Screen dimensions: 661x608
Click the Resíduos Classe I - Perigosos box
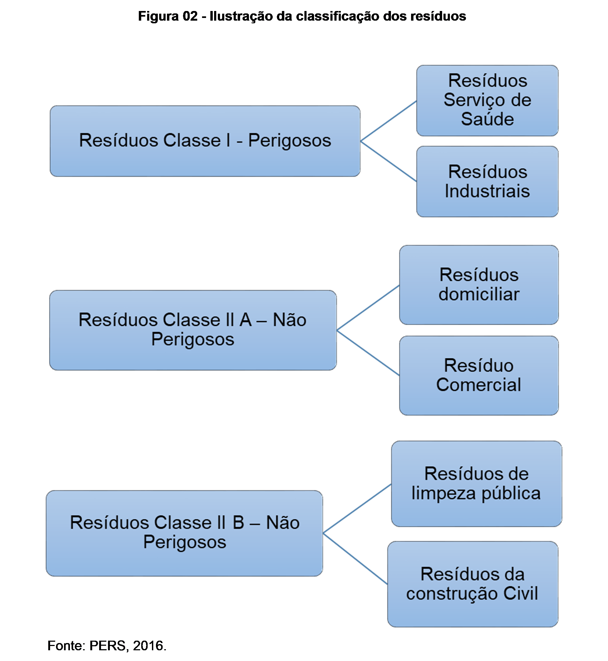click(205, 141)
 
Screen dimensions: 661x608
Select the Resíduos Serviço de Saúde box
click(487, 100)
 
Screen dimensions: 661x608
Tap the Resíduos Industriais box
click(487, 181)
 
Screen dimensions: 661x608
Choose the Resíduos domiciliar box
click(479, 285)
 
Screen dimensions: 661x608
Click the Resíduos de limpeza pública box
click(476, 484)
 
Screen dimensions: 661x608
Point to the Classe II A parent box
click(193, 330)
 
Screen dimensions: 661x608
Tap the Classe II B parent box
click(184, 533)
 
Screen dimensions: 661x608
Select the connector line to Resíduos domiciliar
click(368, 307)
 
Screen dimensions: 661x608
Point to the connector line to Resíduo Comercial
click(368, 353)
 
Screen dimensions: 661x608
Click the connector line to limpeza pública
click(357, 508)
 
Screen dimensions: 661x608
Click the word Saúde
click(487, 119)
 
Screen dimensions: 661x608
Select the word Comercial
click(479, 385)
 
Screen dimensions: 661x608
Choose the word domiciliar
click(479, 294)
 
